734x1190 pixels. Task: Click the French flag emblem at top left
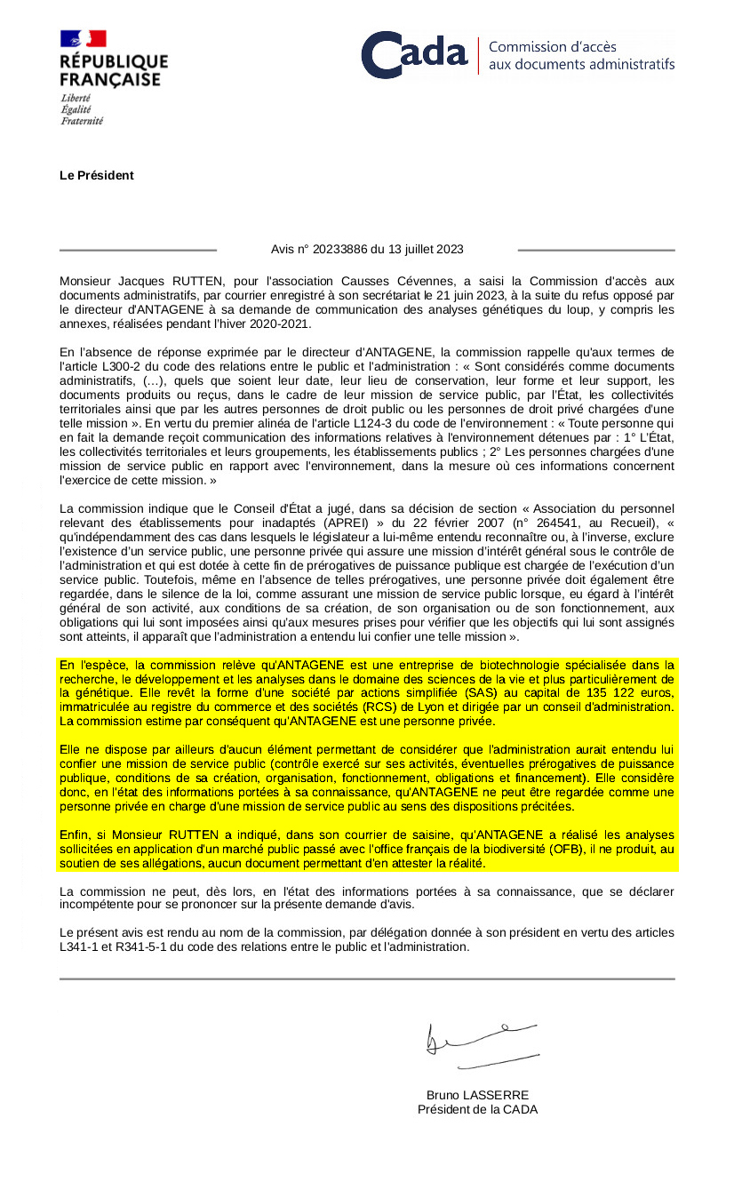(83, 39)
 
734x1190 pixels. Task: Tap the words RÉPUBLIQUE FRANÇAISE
(113, 70)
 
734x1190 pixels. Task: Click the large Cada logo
(414, 54)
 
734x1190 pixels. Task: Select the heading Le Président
(97, 175)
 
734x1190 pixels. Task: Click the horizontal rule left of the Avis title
(138, 250)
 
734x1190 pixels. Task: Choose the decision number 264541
(570, 523)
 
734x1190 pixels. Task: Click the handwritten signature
(481, 1044)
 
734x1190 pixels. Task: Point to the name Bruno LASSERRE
(477, 1095)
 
